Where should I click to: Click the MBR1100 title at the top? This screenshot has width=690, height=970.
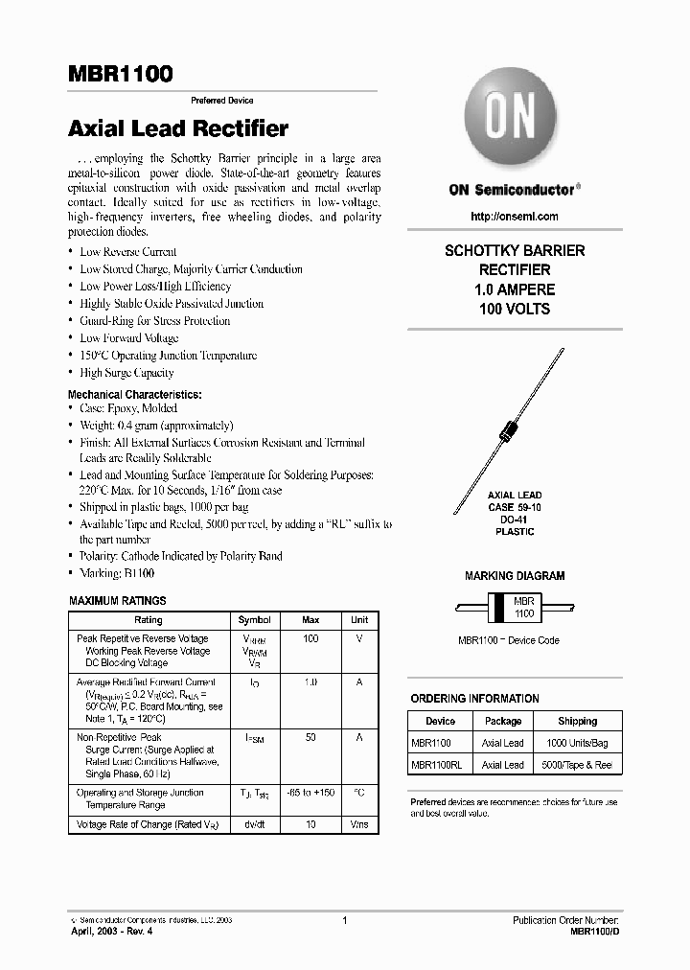(x=120, y=75)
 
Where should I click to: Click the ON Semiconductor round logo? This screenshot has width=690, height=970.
(x=511, y=121)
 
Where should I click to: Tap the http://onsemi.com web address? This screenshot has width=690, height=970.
(x=515, y=218)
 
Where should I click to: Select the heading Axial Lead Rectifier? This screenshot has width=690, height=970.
(x=178, y=128)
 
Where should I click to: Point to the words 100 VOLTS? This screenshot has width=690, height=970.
(x=515, y=309)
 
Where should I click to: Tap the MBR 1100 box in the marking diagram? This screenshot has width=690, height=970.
(x=523, y=607)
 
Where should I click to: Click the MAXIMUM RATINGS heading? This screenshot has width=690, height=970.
(x=118, y=601)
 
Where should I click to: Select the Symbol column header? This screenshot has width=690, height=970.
(x=254, y=620)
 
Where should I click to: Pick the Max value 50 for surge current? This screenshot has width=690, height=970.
(x=310, y=738)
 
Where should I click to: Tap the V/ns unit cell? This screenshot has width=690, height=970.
(x=358, y=824)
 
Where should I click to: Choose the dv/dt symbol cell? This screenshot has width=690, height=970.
(x=254, y=824)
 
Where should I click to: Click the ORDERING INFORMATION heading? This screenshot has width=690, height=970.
(x=474, y=699)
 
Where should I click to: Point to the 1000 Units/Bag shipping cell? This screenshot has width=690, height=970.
(x=577, y=743)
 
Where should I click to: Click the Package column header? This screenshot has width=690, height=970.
(x=503, y=721)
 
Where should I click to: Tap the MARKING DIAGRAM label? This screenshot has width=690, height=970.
(x=515, y=576)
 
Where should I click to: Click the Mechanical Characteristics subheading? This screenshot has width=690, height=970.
(x=135, y=394)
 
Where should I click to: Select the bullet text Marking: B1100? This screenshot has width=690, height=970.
(x=117, y=573)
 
